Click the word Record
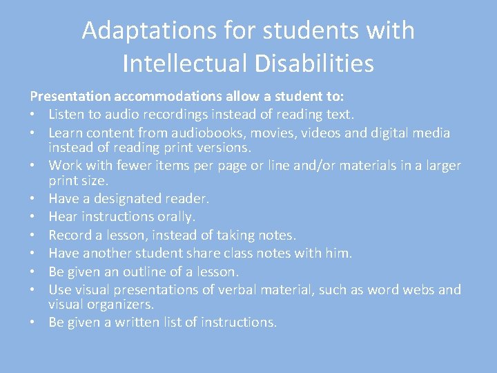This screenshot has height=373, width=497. pos(70,235)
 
